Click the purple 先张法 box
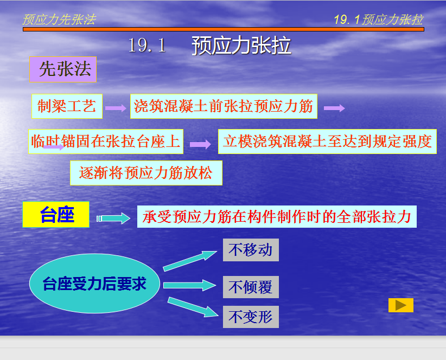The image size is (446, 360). tap(63, 69)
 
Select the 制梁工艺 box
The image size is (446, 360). tap(67, 106)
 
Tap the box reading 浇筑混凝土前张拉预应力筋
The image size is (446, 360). tap(224, 106)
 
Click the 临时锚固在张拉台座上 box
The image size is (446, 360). tap(106, 142)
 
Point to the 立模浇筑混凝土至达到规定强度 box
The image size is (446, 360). tap(327, 142)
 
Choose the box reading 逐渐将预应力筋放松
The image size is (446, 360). tap(146, 173)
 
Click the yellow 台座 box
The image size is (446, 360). tap(56, 215)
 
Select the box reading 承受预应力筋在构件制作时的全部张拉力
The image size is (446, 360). tap(277, 216)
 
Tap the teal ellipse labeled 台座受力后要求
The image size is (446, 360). tap(94, 284)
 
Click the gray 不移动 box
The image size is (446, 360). tap(251, 250)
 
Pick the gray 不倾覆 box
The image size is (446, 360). tap(251, 287)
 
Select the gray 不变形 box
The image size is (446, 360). tap(251, 317)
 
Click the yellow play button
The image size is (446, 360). tap(401, 305)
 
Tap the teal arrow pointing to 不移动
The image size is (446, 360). tap(190, 261)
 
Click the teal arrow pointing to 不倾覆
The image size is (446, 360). tap(189, 285)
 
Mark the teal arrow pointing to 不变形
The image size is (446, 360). tap(193, 307)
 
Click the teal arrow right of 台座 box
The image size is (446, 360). tap(113, 218)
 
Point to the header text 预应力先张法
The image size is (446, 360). tap(59, 20)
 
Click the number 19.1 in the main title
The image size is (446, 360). tap(147, 45)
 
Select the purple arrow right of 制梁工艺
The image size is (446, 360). tap(116, 108)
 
